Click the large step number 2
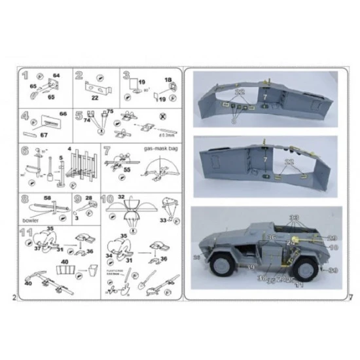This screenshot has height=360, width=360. pos(79,76)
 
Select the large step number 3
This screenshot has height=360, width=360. pos(126,76)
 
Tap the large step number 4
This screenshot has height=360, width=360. pos(25,117)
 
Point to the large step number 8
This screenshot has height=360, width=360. pos(24,199)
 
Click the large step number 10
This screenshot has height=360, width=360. pos(108,199)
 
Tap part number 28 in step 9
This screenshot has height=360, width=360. pos(88,197)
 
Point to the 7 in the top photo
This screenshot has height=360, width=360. pos(266,97)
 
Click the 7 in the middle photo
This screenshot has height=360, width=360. pos(266,158)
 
